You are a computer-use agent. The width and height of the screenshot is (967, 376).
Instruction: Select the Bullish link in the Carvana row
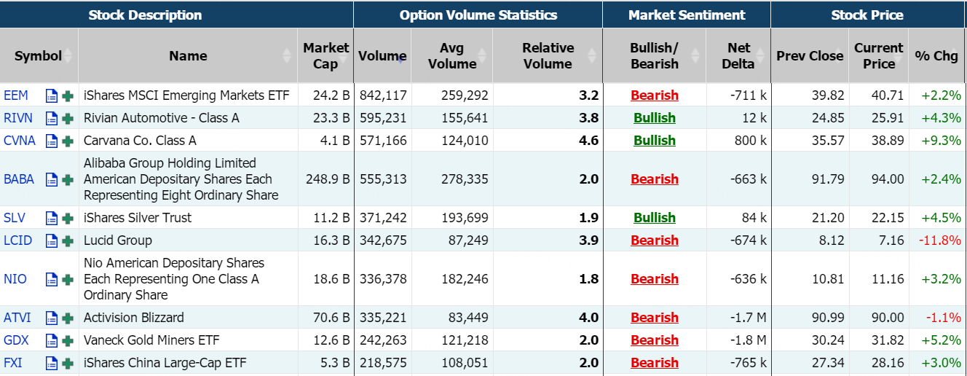[654, 141]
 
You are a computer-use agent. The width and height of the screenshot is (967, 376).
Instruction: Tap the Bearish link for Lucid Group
[654, 240]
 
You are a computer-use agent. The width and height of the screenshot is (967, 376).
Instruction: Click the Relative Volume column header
[548, 56]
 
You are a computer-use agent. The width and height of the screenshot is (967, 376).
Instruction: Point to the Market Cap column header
[325, 56]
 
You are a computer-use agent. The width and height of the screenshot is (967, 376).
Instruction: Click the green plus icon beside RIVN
[68, 118]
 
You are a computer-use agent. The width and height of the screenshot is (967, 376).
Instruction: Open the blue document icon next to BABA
[52, 179]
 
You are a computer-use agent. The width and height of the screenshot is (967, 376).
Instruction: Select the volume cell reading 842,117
[382, 95]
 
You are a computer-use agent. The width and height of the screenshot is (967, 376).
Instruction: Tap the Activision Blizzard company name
[134, 318]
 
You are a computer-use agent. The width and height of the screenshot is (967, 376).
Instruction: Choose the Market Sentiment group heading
[687, 15]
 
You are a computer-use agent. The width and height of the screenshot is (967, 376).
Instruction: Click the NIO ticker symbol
[15, 279]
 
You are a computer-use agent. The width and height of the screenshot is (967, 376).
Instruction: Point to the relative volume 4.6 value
[588, 141]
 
